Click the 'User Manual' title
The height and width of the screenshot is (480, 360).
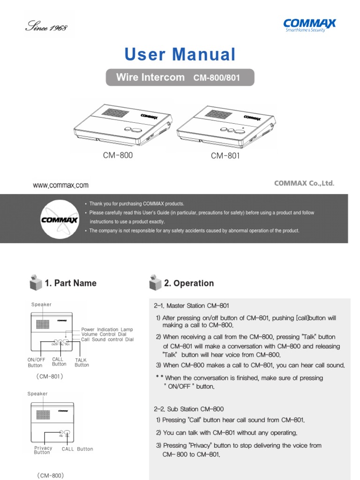pos(180,55)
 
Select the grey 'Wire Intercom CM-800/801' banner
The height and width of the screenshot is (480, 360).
pos(180,77)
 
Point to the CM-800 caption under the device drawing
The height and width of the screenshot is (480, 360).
pos(118,155)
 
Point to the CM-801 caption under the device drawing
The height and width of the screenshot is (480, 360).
pos(225,155)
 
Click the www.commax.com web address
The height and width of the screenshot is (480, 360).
pos(60,185)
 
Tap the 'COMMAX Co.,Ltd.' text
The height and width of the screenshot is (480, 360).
pos(304,183)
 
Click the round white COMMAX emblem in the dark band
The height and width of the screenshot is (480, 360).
pos(56,218)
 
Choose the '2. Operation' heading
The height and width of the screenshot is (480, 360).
pos(189,283)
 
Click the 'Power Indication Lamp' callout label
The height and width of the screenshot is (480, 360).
pos(107,330)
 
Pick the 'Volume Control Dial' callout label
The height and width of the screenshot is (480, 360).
pos(104,335)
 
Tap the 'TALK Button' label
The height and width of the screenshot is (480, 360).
pos(82,362)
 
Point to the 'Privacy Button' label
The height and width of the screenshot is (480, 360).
pos(43,450)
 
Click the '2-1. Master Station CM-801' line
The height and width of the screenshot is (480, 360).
pos(191,306)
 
